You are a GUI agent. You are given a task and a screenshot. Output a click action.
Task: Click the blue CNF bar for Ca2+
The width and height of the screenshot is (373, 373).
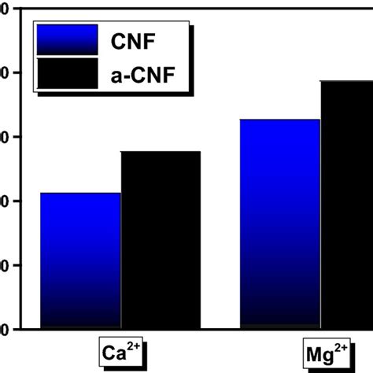click(x=80, y=260)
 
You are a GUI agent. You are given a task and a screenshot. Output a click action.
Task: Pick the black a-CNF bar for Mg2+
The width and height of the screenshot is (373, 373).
click(x=346, y=205)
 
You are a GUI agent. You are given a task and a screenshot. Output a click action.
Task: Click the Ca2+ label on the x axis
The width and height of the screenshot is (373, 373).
click(x=120, y=352)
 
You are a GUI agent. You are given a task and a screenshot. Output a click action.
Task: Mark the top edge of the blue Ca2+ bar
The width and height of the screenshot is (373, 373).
click(x=80, y=194)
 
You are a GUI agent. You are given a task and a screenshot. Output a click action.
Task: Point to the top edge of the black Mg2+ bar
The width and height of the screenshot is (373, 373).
click(x=346, y=82)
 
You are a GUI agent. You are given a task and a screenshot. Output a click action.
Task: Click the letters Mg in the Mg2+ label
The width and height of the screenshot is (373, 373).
click(x=316, y=353)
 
